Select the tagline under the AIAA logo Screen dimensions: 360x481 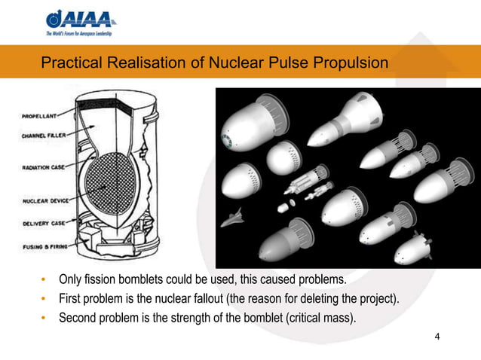pyautogui.click(x=84, y=34)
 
